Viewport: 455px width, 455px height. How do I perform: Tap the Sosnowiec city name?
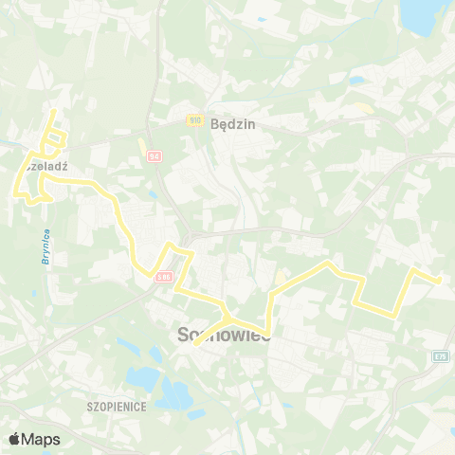tap(225, 335)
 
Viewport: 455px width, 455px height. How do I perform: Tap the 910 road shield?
tap(194, 120)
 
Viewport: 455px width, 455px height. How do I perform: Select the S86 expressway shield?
tap(164, 276)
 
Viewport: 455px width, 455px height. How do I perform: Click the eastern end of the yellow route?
tap(439, 280)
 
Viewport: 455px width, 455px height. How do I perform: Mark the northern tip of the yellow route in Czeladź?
tap(53, 111)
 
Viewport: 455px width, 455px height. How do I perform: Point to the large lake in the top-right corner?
tap(428, 11)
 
